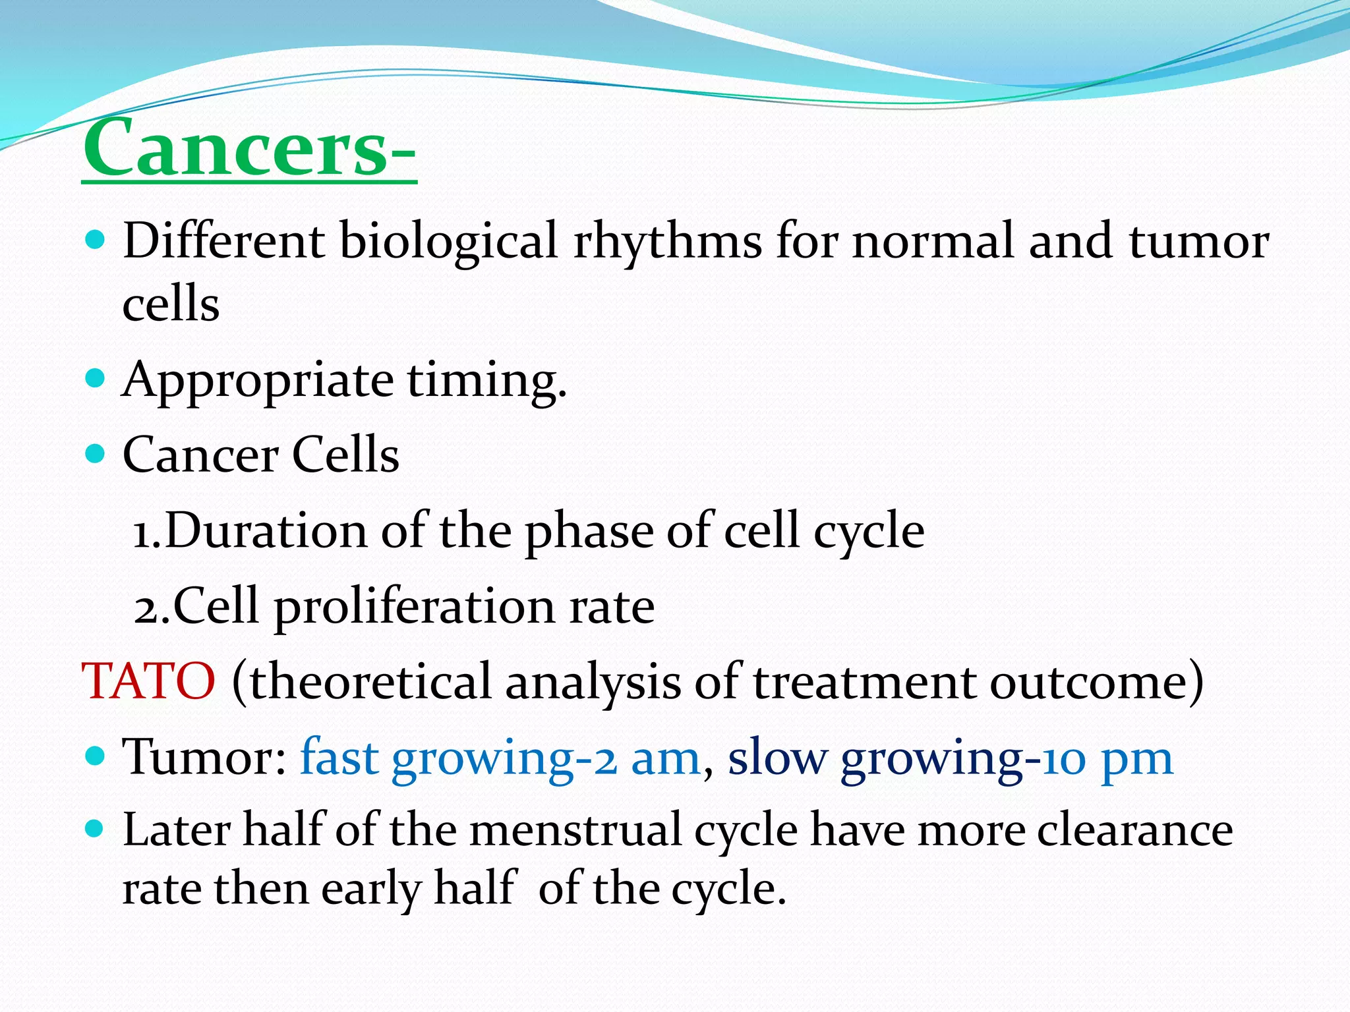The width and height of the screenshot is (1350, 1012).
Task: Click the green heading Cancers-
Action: tap(249, 148)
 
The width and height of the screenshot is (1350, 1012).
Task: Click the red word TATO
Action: tap(148, 681)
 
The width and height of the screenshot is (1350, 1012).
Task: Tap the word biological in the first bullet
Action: tap(448, 241)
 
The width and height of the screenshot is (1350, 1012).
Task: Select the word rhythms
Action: tap(667, 241)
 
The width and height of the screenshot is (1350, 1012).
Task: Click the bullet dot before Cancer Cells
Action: tap(96, 453)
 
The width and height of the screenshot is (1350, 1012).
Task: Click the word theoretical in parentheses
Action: tap(370, 681)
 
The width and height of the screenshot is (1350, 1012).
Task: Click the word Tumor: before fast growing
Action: tap(204, 758)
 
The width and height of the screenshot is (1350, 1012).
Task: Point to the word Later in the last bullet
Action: tap(176, 830)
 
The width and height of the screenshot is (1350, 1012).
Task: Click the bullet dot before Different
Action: tap(96, 240)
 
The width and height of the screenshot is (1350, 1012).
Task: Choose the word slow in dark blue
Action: tap(777, 758)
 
